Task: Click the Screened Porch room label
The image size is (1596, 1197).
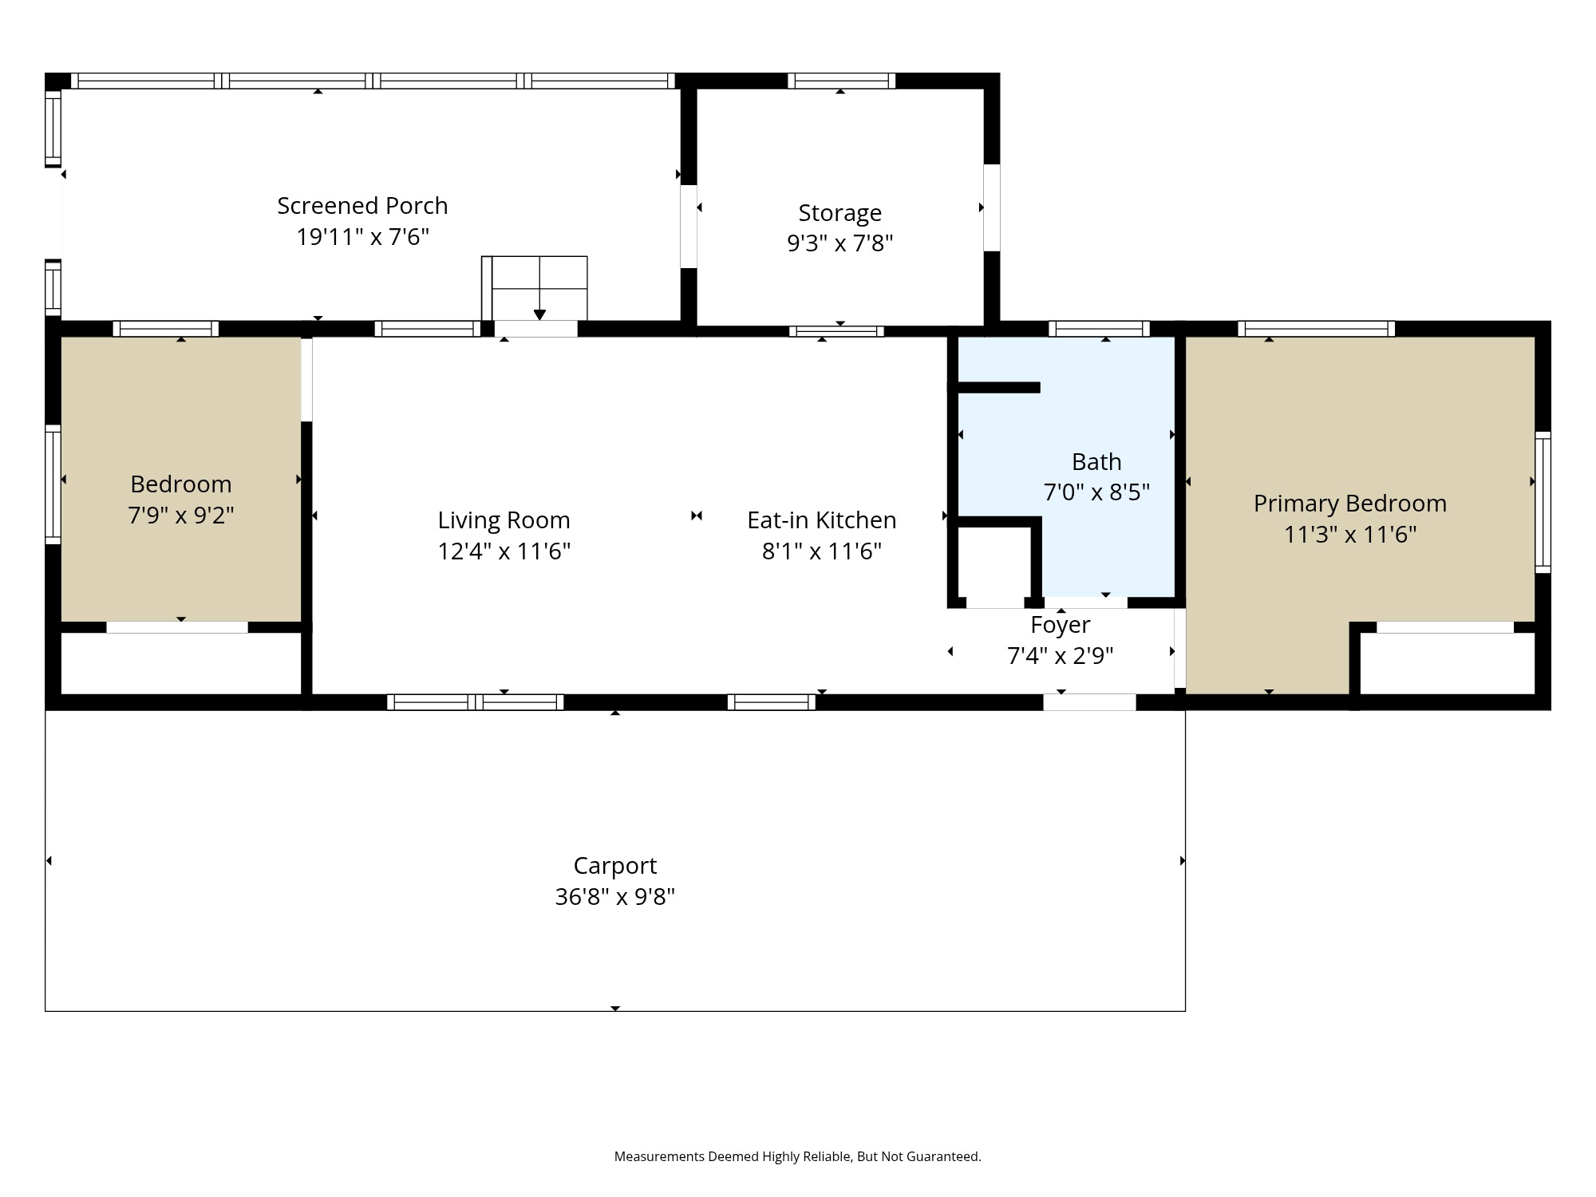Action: [362, 206]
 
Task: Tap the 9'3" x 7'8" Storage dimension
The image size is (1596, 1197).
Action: [839, 243]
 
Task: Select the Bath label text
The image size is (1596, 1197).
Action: [1096, 462]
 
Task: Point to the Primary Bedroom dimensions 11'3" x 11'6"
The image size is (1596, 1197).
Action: [1349, 534]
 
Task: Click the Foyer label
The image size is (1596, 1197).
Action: [1060, 625]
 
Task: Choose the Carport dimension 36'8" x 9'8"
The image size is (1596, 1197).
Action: [614, 897]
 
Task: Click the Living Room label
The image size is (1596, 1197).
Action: [504, 520]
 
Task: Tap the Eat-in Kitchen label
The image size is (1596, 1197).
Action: [821, 520]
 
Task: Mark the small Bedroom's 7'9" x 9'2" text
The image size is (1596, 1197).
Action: [181, 516]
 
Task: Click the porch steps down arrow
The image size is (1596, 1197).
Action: [539, 313]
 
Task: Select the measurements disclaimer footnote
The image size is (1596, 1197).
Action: [797, 1156]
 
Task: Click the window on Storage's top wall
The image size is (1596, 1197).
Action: [841, 81]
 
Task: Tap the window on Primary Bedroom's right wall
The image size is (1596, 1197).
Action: [1543, 502]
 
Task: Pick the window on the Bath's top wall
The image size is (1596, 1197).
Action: [1099, 329]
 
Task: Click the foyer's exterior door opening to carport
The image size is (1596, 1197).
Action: [1089, 702]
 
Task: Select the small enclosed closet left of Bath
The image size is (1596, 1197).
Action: [994, 563]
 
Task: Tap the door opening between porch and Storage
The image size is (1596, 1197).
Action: [688, 227]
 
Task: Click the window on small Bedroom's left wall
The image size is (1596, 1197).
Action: [53, 484]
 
